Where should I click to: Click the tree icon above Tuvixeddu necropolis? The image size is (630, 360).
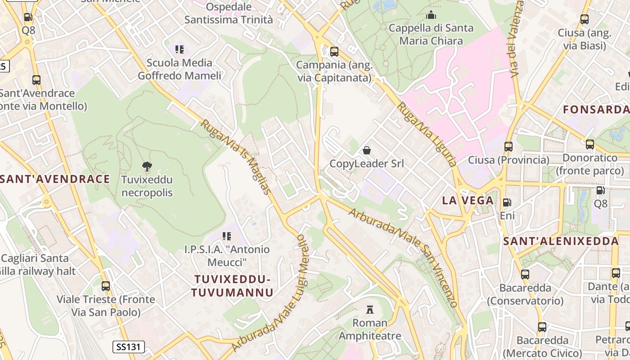click(x=147, y=166)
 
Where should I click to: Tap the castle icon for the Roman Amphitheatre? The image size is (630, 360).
click(x=370, y=309)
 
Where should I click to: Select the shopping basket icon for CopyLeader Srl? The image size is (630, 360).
click(x=367, y=150)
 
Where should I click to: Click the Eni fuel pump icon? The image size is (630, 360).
click(x=507, y=202)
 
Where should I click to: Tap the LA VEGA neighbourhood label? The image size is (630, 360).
click(x=468, y=201)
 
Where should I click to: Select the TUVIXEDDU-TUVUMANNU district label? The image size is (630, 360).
click(x=232, y=286)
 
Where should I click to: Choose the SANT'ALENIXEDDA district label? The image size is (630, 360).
click(x=561, y=241)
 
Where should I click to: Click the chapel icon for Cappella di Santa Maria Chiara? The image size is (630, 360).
click(x=431, y=15)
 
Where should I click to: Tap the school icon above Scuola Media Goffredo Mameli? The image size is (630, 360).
click(x=180, y=49)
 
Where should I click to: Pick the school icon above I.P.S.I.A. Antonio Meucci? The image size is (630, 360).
click(x=227, y=236)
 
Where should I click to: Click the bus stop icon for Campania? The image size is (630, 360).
click(x=334, y=51)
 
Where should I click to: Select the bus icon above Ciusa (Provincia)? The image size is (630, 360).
click(x=508, y=146)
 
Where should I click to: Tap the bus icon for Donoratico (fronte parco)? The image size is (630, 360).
click(x=589, y=144)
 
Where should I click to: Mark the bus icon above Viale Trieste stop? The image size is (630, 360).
click(x=106, y=286)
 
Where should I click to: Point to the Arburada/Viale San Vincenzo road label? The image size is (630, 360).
click(x=403, y=257)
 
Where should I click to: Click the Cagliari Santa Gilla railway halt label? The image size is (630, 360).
click(x=36, y=265)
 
